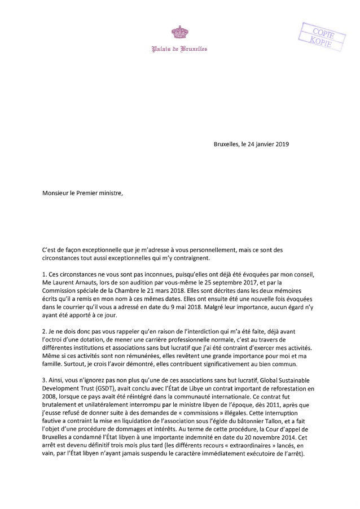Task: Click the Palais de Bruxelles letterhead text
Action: [179, 49]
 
